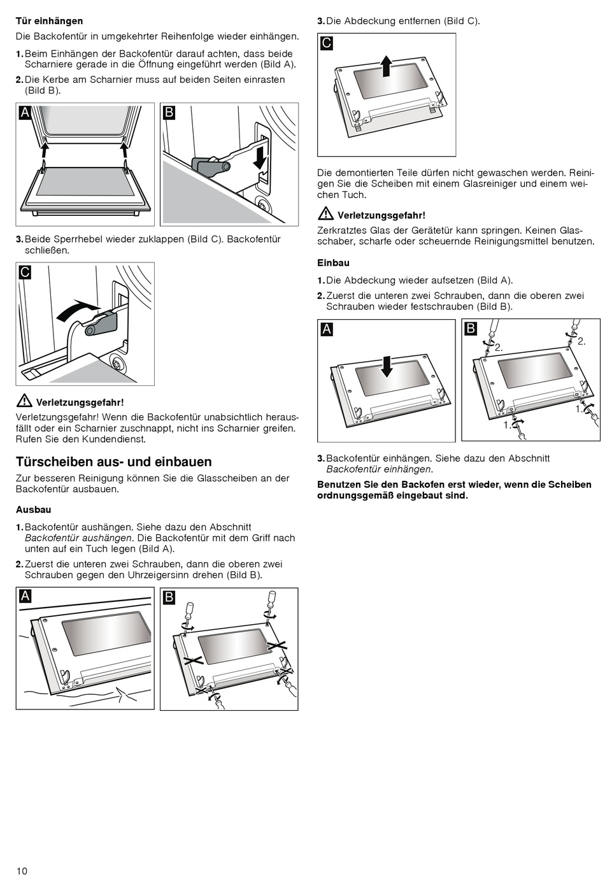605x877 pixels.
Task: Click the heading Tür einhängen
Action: tap(49, 21)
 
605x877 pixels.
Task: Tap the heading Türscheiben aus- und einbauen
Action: tap(113, 462)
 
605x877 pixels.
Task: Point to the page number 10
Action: tap(22, 871)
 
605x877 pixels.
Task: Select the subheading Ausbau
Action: tap(33, 510)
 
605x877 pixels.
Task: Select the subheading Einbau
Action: tap(333, 262)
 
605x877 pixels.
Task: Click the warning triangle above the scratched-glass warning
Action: tap(325, 214)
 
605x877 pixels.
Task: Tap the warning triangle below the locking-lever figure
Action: tap(24, 401)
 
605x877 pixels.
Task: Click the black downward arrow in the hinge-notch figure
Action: tap(260, 156)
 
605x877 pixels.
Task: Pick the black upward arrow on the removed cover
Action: tap(386, 66)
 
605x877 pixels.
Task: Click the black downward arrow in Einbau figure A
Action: tap(386, 367)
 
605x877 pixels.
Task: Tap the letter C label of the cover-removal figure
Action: tap(326, 43)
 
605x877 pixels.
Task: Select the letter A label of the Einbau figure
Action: tap(326, 329)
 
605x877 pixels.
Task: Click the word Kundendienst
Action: tap(117, 439)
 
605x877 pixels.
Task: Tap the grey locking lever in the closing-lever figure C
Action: tap(102, 323)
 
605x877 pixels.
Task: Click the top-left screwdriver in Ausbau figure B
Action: tap(188, 611)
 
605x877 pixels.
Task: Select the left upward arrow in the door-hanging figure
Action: tap(45, 150)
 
